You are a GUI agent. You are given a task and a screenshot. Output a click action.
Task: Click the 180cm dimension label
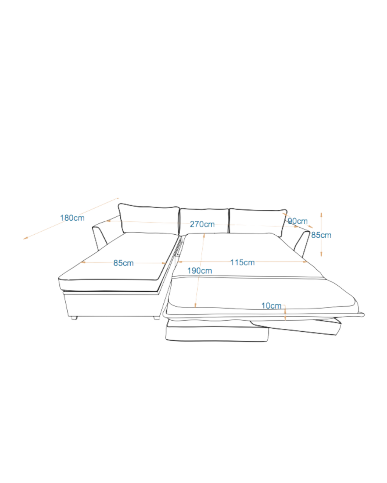click(72, 218)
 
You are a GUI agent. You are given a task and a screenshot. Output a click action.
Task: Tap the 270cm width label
click(202, 224)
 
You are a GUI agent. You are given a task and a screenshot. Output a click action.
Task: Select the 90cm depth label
click(298, 221)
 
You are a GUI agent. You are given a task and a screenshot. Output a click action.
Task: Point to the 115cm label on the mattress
click(242, 262)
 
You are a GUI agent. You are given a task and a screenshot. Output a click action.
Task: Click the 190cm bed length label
click(200, 271)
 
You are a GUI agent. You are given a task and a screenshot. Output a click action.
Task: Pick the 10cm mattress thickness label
click(271, 306)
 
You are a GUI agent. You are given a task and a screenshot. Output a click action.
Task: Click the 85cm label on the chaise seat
click(124, 263)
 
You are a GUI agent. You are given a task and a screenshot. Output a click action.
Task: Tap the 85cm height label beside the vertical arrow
click(321, 235)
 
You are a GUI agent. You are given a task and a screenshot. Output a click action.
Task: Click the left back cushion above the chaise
click(149, 218)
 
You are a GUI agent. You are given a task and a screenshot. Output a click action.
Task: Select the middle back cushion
click(204, 221)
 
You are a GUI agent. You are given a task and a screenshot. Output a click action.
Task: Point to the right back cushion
click(258, 222)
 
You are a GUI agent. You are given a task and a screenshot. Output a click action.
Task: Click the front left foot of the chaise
click(74, 318)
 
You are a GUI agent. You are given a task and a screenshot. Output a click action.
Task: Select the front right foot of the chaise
click(156, 318)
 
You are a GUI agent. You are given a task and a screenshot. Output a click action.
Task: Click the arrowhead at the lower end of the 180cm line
click(25, 238)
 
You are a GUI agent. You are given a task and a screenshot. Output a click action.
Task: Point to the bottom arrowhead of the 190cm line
click(195, 306)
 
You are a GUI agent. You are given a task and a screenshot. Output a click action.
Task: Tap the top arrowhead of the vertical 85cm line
click(321, 215)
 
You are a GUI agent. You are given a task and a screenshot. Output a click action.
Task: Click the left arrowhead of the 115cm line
click(180, 262)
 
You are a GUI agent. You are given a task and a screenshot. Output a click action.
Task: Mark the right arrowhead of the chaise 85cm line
click(164, 263)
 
